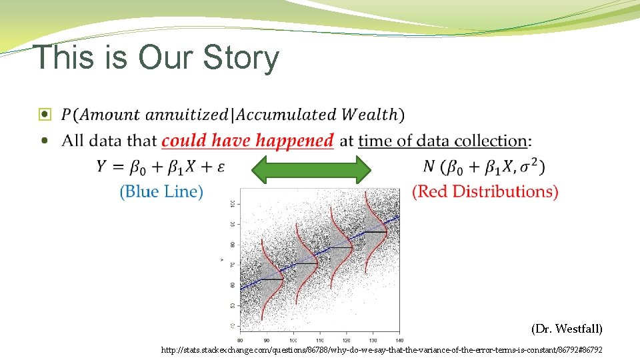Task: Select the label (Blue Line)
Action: (161, 192)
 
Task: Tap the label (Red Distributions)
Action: (485, 192)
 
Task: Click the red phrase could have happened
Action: (247, 141)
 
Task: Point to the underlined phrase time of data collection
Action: (443, 141)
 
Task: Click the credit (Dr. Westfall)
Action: (567, 329)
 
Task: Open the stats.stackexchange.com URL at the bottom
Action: (381, 349)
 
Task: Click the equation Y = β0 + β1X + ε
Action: (160, 166)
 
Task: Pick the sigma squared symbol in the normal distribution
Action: (531, 165)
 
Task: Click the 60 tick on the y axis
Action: (232, 285)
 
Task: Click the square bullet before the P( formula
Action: (45, 115)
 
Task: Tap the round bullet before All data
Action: (45, 141)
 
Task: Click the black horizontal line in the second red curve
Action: (306, 263)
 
